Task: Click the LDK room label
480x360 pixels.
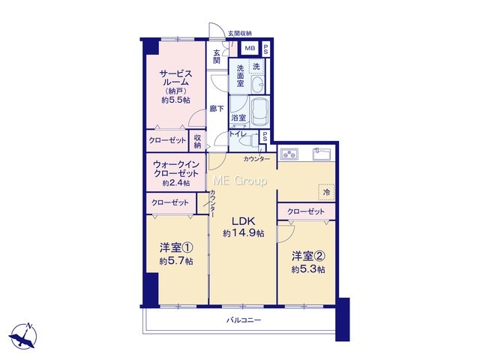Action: click(x=243, y=220)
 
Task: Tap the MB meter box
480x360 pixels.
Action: click(x=250, y=48)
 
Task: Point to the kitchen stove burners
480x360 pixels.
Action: click(x=289, y=154)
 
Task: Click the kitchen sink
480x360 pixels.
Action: click(x=322, y=154)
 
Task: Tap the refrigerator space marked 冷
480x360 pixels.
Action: click(x=326, y=193)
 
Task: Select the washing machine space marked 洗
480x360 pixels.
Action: click(x=256, y=67)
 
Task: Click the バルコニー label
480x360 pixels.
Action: click(x=244, y=320)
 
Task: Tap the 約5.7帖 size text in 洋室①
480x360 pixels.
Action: click(x=176, y=261)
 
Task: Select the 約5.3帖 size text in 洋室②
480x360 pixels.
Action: click(x=308, y=269)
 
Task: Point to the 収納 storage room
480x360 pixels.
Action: click(x=197, y=141)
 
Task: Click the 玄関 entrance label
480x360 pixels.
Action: click(x=217, y=56)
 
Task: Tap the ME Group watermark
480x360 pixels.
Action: click(x=239, y=181)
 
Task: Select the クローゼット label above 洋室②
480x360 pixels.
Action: click(x=306, y=211)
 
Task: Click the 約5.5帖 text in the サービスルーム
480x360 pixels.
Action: click(x=175, y=100)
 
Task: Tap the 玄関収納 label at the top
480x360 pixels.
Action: click(x=240, y=33)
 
